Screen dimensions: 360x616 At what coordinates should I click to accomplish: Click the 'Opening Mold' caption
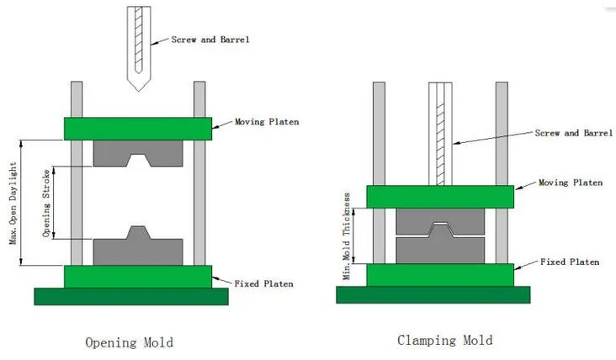pos(129,342)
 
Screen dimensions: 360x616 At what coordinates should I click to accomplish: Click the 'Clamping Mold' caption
pos(444,340)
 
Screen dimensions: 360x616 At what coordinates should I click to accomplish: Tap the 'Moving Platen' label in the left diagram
pos(267,122)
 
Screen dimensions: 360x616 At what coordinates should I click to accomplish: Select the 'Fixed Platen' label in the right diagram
pos(570,262)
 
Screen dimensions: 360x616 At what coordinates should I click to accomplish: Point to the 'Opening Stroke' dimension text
pos(47,202)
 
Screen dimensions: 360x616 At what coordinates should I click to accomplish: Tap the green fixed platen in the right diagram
pos(440,274)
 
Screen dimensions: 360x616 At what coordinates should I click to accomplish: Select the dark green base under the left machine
pos(130,296)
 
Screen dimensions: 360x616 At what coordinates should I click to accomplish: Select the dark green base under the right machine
pos(433,294)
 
